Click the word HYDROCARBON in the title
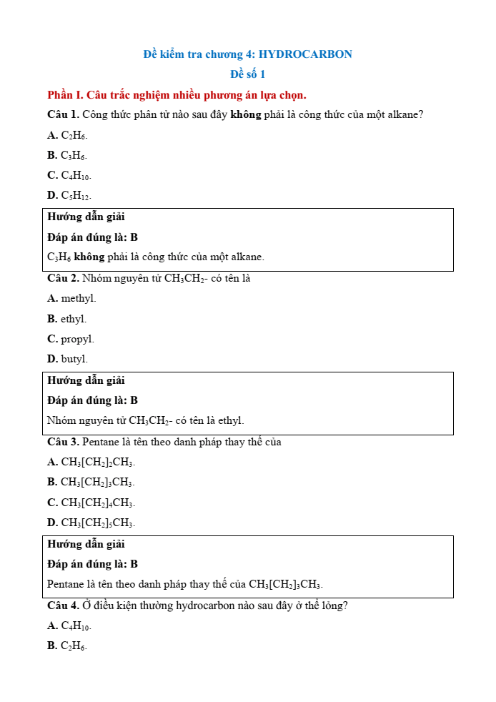coord(305,54)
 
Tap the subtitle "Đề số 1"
coord(247,74)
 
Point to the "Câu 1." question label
coord(63,115)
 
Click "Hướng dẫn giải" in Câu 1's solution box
coord(86,217)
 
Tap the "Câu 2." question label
coord(63,278)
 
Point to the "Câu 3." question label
coord(63,442)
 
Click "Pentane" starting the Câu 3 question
coord(101,442)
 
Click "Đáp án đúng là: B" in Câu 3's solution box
coord(92,564)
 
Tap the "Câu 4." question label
coord(63,605)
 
